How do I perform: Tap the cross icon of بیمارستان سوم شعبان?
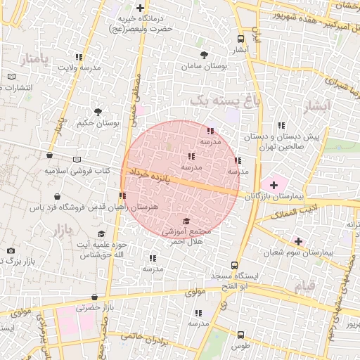[x=299, y=241]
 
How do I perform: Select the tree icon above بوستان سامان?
[x=204, y=54]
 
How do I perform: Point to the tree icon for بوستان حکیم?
[x=98, y=111]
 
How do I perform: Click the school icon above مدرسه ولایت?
[x=79, y=57]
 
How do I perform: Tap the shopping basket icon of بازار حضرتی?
[x=94, y=297]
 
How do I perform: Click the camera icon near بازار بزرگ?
[x=11, y=251]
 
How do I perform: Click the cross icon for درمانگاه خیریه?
[x=141, y=8]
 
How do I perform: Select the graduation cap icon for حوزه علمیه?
[x=101, y=234]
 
